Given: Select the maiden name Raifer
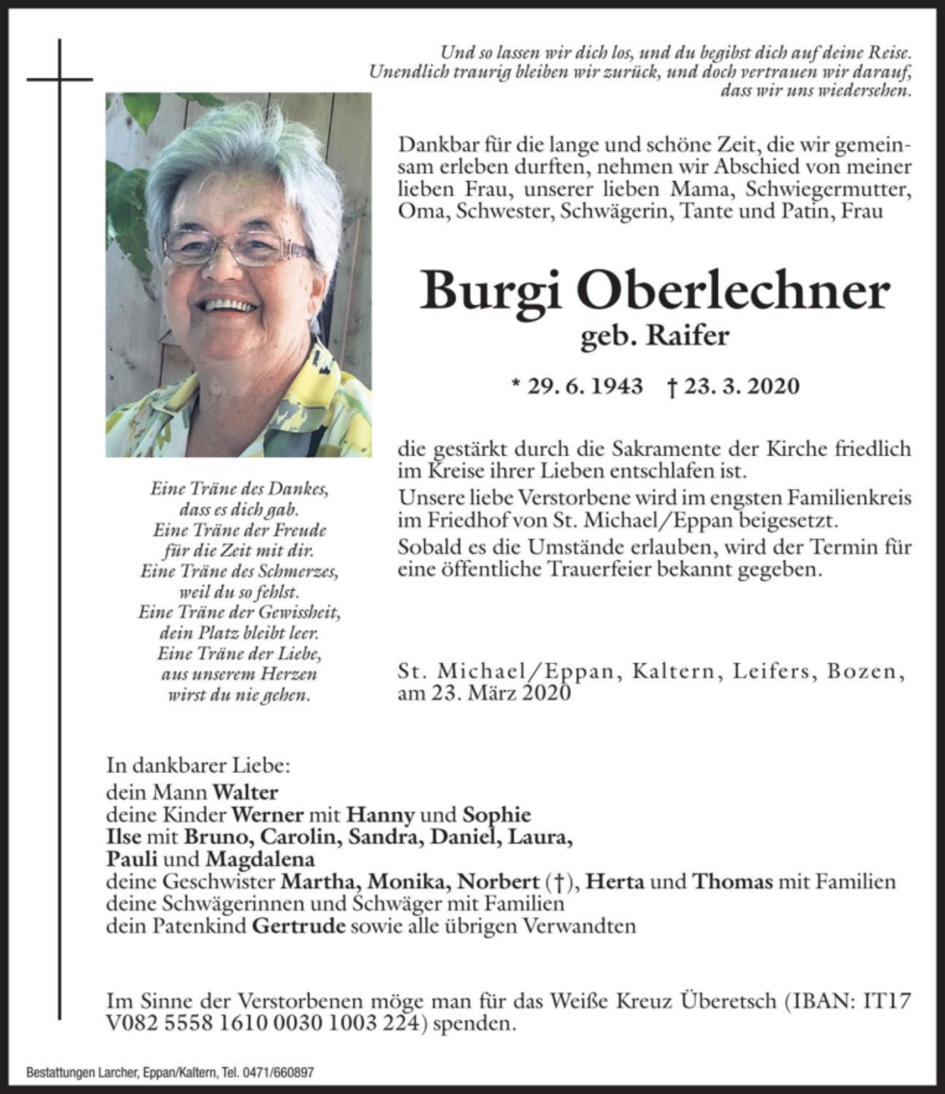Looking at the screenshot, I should click(x=689, y=337).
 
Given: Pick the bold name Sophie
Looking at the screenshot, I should click(x=497, y=815).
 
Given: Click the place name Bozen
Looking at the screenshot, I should click(x=870, y=672).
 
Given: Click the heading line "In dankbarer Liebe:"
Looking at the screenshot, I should click(x=197, y=767).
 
